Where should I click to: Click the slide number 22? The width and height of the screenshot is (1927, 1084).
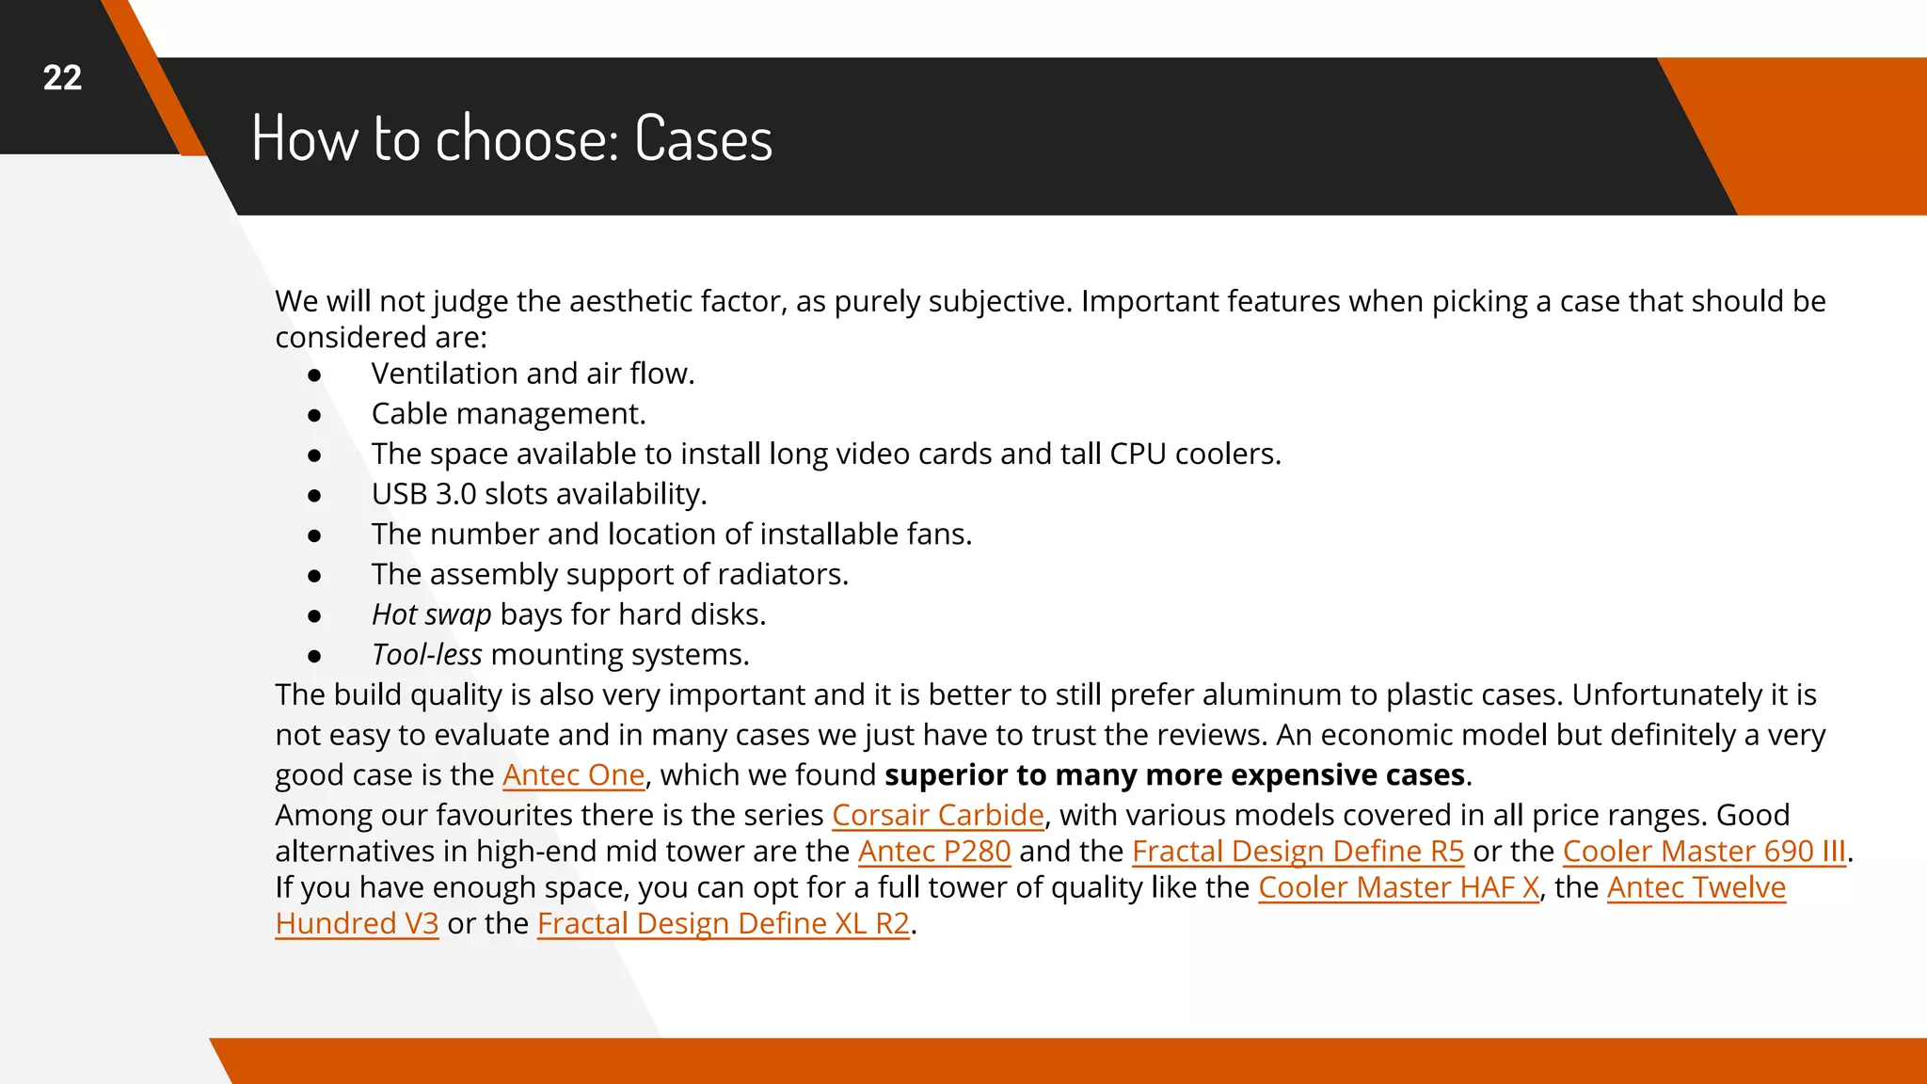tap(62, 78)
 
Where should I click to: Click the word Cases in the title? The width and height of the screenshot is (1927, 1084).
tap(703, 139)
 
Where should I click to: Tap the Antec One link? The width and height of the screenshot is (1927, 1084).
tap(573, 774)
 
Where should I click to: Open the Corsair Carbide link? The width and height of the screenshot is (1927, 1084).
tap(937, 815)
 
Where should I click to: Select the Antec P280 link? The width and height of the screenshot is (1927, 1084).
tap(933, 851)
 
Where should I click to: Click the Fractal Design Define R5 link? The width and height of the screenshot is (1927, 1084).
tap(1298, 851)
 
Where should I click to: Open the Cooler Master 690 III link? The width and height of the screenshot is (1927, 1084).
tap(1704, 851)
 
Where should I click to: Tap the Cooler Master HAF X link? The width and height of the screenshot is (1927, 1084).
tap(1398, 887)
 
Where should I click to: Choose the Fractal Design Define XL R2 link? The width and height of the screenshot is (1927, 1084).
tap(723, 923)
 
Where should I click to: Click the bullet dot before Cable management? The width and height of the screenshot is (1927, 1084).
tap(314, 415)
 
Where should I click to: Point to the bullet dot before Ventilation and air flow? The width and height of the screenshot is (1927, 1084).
tap(314, 375)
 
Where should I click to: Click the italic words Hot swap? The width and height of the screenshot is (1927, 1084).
tap(431, 614)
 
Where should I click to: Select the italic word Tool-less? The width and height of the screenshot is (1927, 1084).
tap(426, 655)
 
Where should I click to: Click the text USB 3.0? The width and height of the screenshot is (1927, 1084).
tap(423, 494)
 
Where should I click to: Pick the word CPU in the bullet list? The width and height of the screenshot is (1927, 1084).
tap(1138, 454)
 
